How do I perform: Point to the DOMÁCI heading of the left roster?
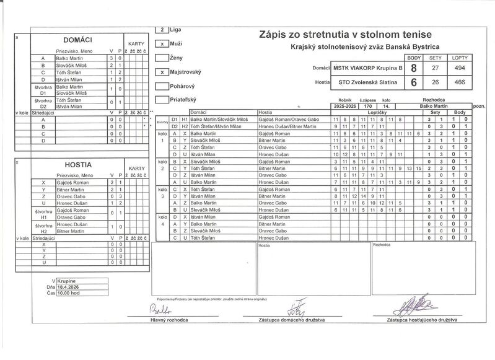tap(79, 39)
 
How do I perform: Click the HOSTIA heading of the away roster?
tap(79, 165)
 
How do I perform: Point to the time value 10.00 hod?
tap(69, 294)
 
